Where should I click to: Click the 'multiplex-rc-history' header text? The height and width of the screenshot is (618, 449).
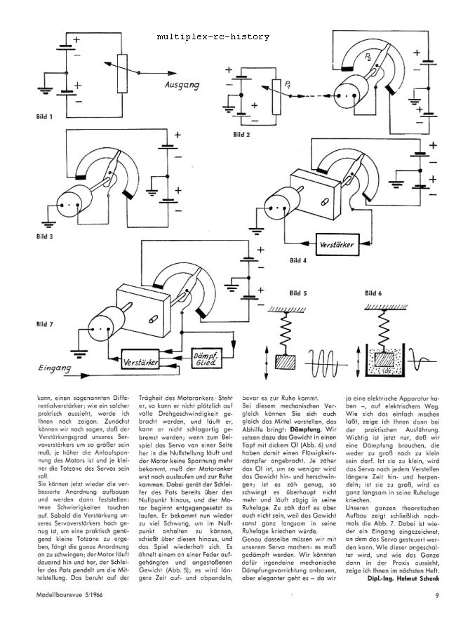click(x=213, y=36)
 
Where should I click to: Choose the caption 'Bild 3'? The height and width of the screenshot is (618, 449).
click(x=44, y=236)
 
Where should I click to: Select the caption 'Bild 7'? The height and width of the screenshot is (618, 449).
click(x=44, y=323)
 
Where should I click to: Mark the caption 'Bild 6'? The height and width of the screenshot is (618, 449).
click(x=375, y=293)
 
